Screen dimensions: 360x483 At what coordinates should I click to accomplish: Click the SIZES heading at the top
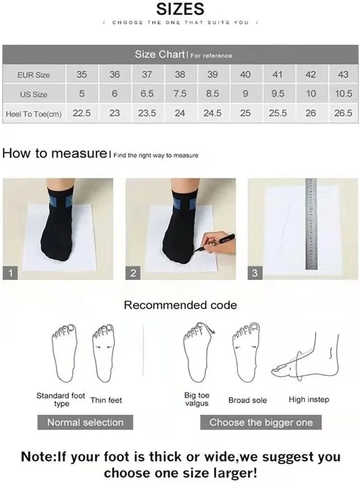tap(180, 9)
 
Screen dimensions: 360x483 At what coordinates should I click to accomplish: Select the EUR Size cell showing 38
tap(180, 74)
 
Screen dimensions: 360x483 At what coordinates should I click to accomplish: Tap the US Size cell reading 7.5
tap(180, 94)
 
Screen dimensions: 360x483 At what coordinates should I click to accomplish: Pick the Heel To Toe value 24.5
tap(212, 113)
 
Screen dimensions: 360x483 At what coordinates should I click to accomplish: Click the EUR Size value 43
tap(343, 74)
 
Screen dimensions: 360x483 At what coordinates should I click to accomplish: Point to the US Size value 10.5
tap(343, 94)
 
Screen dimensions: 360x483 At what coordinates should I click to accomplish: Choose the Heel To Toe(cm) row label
tap(34, 114)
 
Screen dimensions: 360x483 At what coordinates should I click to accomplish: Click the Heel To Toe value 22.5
tap(82, 113)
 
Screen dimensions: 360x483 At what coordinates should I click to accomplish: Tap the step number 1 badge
tap(10, 273)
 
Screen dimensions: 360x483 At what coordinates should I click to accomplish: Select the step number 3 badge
tap(255, 273)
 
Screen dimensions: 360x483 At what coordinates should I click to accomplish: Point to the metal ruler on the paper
tap(311, 223)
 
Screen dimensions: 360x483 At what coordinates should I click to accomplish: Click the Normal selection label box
tap(85, 422)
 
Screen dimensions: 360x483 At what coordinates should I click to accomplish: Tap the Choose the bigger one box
tap(261, 422)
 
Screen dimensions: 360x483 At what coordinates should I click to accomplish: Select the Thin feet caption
tap(106, 400)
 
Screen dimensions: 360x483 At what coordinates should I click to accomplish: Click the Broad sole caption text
tap(248, 400)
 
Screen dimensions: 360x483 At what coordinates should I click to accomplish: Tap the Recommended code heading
tap(180, 305)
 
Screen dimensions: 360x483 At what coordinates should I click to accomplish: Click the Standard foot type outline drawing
tap(64, 353)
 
